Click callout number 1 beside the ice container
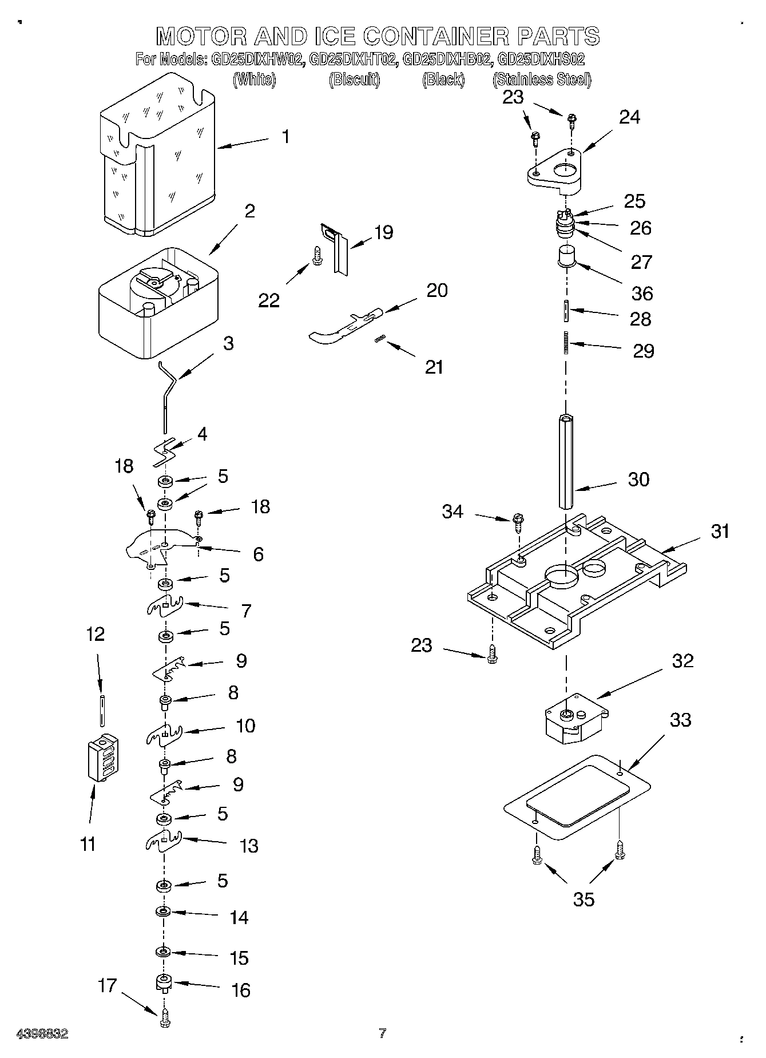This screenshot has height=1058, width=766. click(x=285, y=137)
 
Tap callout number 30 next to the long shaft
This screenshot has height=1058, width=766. click(x=638, y=479)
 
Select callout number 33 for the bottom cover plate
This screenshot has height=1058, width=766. click(x=680, y=719)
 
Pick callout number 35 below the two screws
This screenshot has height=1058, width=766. click(x=584, y=899)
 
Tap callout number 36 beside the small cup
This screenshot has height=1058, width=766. click(x=642, y=293)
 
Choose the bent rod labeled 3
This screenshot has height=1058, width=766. click(x=167, y=395)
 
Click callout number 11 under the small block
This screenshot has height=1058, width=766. click(x=88, y=843)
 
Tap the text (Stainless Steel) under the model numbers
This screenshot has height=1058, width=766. click(x=541, y=80)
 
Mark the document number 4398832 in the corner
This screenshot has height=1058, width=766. click(x=43, y=1034)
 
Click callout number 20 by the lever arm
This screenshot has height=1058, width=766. click(x=437, y=290)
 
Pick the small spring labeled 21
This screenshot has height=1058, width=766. click(x=378, y=340)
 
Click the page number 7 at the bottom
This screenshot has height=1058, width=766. click(x=382, y=1033)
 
